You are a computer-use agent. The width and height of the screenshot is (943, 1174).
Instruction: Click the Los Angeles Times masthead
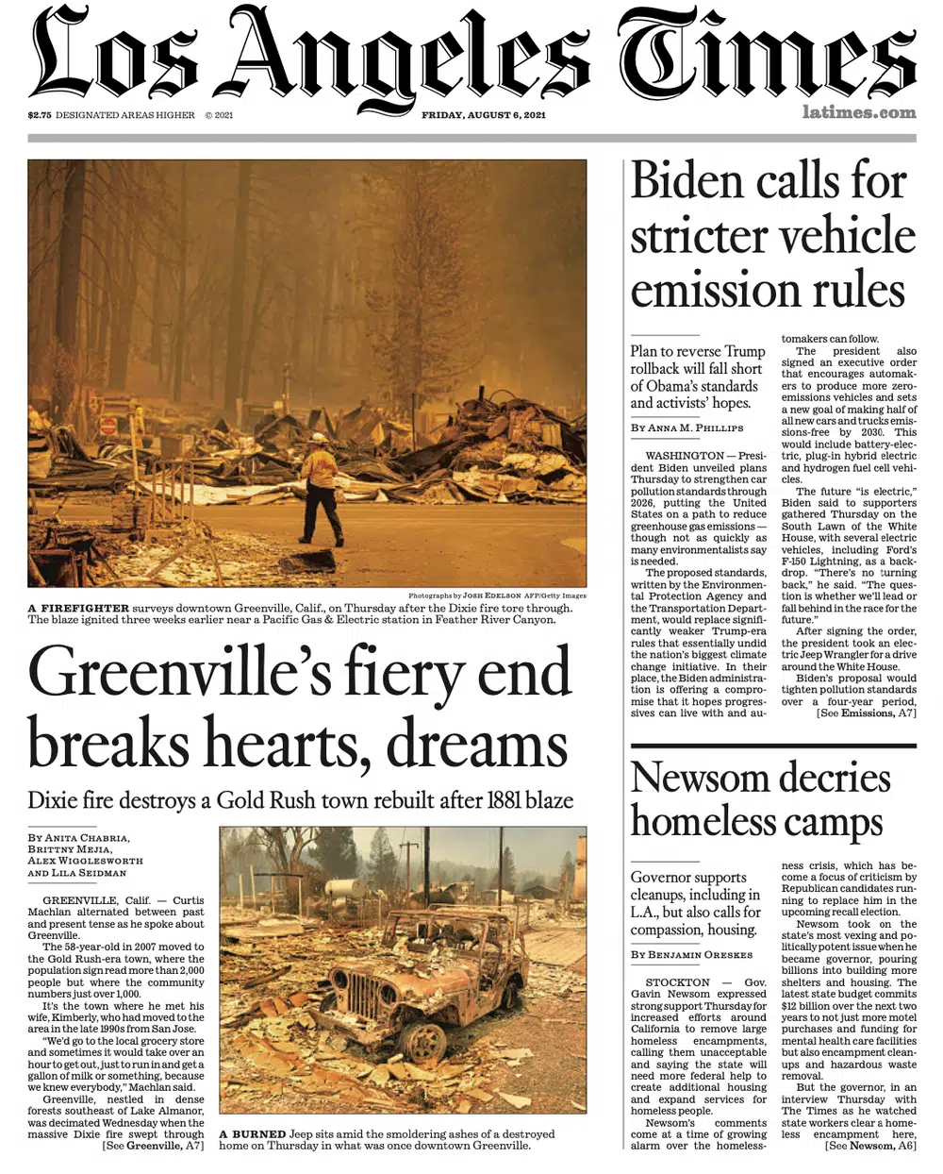471,55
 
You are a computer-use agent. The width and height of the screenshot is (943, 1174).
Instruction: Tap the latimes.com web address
859,112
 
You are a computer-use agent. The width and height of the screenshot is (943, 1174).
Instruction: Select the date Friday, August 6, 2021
483,115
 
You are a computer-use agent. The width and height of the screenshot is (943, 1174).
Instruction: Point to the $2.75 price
40,115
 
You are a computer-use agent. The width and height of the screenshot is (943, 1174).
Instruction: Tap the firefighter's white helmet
319,439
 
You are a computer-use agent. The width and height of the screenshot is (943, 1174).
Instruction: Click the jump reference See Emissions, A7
866,713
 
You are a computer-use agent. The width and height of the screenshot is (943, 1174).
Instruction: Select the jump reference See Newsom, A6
869,1146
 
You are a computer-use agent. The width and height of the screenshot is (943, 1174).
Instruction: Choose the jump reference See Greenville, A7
153,1146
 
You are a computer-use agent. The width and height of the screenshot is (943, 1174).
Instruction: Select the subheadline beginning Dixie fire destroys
300,800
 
